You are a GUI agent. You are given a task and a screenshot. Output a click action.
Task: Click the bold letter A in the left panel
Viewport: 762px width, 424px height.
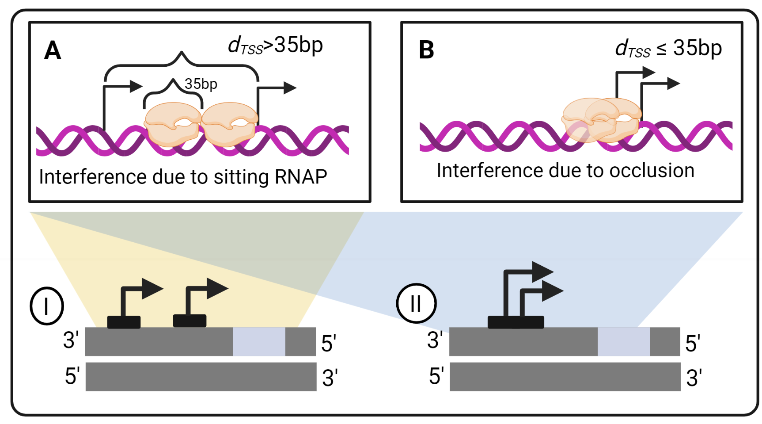53,50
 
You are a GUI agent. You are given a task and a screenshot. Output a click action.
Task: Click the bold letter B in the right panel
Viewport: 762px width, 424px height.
426,50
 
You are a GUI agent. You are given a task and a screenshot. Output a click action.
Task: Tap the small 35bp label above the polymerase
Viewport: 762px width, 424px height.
201,84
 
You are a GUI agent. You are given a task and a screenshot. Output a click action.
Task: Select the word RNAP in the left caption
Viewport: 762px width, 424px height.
301,177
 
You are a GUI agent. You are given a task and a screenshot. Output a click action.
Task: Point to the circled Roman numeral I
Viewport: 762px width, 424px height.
47,306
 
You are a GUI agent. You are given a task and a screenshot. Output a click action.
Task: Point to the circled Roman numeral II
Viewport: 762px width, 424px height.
416,303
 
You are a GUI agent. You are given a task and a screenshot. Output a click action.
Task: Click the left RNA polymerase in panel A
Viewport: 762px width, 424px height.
173,124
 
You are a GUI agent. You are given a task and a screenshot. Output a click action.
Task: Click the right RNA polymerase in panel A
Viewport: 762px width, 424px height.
230,124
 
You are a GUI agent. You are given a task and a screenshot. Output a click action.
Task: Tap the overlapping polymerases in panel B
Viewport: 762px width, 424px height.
601,120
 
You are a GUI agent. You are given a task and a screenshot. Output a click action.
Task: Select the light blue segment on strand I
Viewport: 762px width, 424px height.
259,341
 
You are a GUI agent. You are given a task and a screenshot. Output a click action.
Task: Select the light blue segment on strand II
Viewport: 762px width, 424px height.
623,341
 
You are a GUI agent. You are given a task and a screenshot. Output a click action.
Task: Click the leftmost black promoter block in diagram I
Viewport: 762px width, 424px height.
124,322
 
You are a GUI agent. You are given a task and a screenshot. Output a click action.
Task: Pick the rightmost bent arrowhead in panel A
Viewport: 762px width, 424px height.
290,88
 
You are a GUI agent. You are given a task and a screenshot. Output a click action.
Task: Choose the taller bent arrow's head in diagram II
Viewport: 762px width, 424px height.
542,271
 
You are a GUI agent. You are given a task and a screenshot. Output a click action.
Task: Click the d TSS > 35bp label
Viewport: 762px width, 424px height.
275,46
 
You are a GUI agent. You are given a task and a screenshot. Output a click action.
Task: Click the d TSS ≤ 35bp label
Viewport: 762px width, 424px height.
668,49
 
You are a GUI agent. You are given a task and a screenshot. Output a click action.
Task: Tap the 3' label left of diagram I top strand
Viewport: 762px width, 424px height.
71,340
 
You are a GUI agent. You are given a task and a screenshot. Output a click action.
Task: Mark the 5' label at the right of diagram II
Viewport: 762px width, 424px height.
693,344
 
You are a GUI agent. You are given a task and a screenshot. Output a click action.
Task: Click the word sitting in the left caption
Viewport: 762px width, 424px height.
241,177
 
